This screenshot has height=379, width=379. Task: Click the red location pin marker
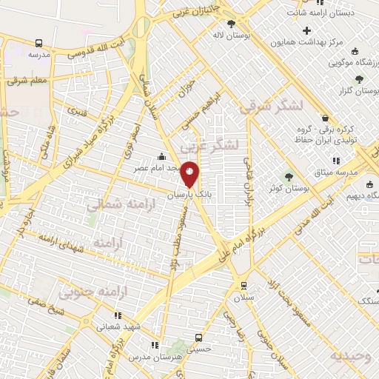pos(190,174)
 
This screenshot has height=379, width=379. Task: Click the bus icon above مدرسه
pos(38,43)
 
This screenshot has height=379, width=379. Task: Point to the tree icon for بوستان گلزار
pos(360,78)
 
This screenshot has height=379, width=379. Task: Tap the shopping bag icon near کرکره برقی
pos(325,118)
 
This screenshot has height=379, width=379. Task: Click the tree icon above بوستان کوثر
pos(289,176)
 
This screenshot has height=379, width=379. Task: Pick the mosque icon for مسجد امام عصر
pos(162,157)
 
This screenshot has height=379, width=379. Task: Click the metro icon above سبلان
pos(244,284)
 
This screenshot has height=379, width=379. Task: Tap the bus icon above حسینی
pos(198,335)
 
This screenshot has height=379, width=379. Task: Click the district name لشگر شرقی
pos(271,106)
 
